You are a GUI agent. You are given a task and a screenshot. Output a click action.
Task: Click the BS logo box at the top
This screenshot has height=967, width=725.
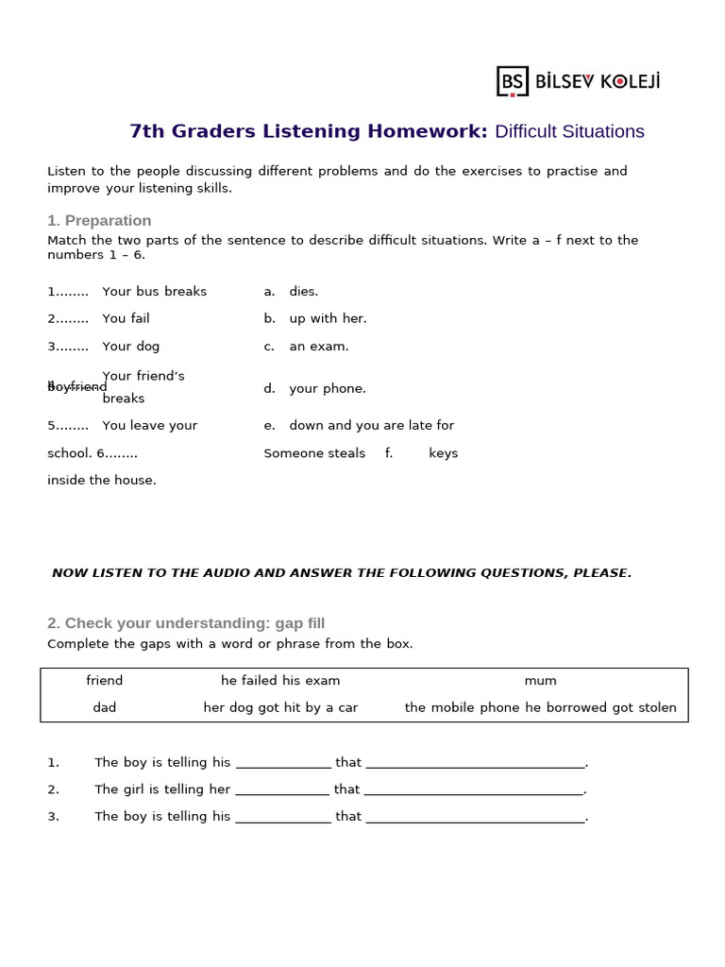point(513,81)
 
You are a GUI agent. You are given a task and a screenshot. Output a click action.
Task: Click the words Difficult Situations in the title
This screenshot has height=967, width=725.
point(569,131)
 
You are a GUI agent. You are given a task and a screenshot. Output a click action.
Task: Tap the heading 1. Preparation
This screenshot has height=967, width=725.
point(99,220)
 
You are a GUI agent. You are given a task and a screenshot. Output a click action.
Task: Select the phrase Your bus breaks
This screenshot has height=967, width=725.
point(154,291)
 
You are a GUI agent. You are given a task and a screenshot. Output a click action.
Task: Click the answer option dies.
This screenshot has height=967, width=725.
point(303,291)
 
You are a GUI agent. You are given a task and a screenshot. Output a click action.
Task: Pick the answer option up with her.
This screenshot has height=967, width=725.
point(328,318)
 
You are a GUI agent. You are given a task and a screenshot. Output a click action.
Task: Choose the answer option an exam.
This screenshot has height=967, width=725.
point(319,346)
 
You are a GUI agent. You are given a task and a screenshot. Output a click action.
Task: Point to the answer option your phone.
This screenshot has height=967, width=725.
point(328,388)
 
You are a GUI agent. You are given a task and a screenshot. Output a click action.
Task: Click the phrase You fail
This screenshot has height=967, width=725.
point(126,318)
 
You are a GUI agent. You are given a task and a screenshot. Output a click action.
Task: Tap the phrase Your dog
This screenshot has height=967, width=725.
point(131,346)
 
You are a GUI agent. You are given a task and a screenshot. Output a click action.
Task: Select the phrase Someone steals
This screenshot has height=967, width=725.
point(314,453)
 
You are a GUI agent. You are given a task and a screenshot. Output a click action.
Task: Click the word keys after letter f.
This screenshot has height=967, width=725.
point(443,453)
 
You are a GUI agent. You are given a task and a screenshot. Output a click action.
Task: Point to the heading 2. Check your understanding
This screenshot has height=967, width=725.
point(186,623)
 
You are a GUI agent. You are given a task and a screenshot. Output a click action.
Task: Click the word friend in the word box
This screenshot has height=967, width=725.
point(105,680)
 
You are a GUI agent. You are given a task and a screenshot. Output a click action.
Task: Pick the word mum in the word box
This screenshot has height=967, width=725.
point(541,680)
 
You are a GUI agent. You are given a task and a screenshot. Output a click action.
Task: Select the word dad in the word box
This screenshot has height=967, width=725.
point(105,707)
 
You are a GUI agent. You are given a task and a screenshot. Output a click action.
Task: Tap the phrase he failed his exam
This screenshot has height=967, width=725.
point(280,680)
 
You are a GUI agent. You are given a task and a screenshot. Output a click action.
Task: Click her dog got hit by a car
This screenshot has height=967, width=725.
point(280,707)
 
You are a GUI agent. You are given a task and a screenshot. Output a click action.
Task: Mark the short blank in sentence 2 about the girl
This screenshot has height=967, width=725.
point(282,790)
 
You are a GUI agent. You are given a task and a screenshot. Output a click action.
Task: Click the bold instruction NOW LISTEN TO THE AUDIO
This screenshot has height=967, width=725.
point(342,572)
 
